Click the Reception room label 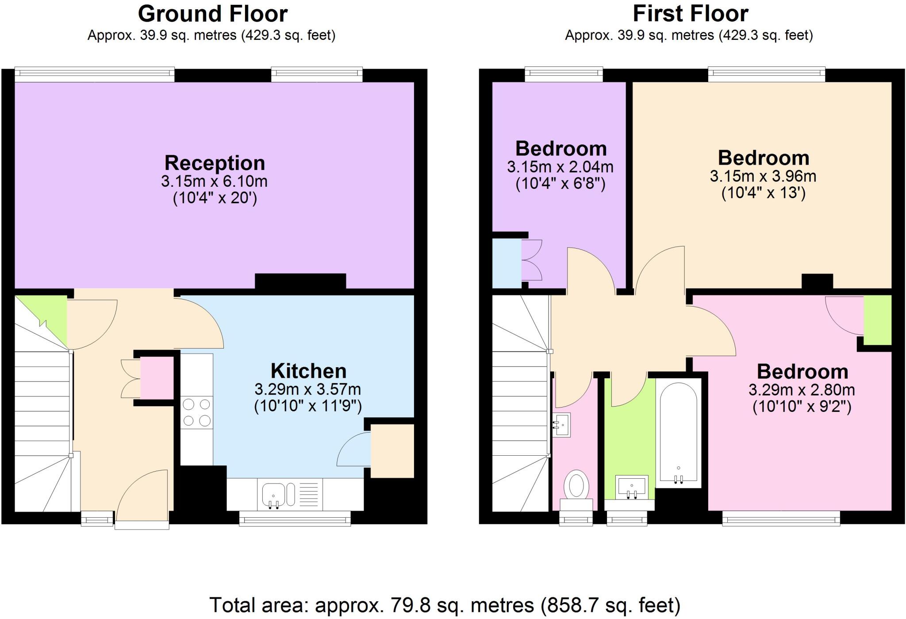click(x=215, y=163)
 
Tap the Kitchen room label click(x=308, y=371)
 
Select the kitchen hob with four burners click(x=197, y=412)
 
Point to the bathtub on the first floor click(x=678, y=433)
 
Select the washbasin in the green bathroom click(x=631, y=487)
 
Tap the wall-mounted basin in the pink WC click(x=562, y=425)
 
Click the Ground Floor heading click(x=213, y=14)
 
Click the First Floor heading click(x=690, y=14)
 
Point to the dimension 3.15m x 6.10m click(x=214, y=181)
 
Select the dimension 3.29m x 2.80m click(x=802, y=390)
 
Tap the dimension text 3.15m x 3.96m click(x=763, y=177)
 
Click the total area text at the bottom click(x=445, y=605)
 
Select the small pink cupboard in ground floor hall click(x=157, y=378)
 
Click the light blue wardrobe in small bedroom click(x=507, y=264)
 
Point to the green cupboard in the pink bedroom click(x=877, y=319)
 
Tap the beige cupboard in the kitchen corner click(x=392, y=450)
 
